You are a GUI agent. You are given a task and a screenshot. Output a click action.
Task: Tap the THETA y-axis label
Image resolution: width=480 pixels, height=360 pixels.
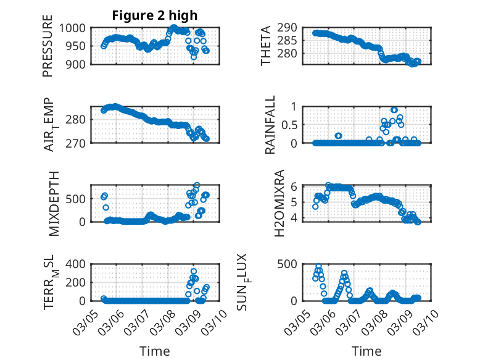[x=265, y=46]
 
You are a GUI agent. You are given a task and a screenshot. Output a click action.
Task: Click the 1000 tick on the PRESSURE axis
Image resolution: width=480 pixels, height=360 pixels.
[x=75, y=28]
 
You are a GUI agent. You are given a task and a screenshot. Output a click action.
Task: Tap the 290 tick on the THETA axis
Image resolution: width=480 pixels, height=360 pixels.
[x=291, y=28]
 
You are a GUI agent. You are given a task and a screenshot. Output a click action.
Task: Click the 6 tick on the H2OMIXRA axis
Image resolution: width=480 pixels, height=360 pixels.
[x=295, y=186]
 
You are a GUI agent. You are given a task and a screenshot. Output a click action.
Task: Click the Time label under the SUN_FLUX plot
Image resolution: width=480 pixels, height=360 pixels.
[x=366, y=351]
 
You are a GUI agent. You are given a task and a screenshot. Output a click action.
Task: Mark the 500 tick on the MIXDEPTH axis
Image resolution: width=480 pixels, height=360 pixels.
[x=78, y=199]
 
